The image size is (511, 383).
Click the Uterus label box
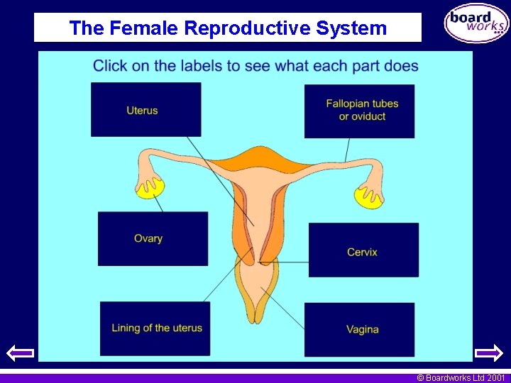pyautogui.click(x=145, y=109)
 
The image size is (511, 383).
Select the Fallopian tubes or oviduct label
pyautogui.click(x=359, y=111)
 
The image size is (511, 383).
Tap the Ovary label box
pyautogui.click(x=153, y=238)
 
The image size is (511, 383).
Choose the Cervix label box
pyautogui.click(x=363, y=250)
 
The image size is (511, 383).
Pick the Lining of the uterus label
pyautogui.click(x=155, y=328)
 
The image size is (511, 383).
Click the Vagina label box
pyautogui.click(x=359, y=330)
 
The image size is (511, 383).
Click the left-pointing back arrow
pyautogui.click(x=20, y=353)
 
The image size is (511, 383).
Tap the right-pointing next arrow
pyautogui.click(x=488, y=353)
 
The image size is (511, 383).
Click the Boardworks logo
pyautogui.click(x=476, y=24)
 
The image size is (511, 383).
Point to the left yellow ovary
pyautogui.click(x=150, y=187)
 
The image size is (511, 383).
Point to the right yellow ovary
pyautogui.click(x=368, y=196)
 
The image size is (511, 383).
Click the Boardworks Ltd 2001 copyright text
pyautogui.click(x=461, y=378)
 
